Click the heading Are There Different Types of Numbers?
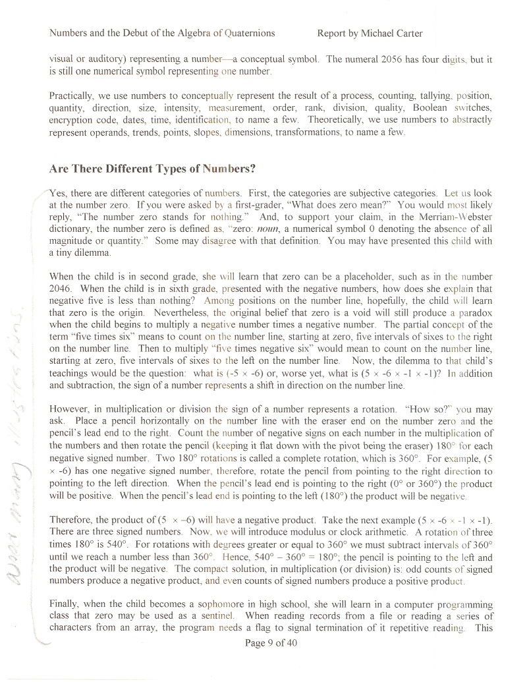point(152,168)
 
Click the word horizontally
point(173,421)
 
